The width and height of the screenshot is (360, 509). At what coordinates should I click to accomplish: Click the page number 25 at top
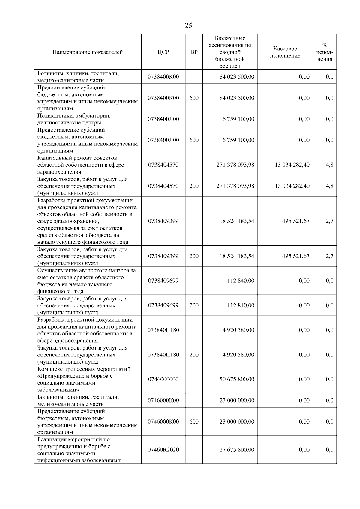point(188,25)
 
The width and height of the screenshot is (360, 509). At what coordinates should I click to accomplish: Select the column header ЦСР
point(163,52)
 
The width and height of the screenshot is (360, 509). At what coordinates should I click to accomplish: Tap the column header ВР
point(194,52)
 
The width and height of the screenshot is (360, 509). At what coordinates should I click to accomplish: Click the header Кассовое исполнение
point(285,52)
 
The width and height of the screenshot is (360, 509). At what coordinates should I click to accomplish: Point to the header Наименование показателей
point(88,52)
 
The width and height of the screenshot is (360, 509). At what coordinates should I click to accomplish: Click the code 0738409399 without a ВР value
point(163,221)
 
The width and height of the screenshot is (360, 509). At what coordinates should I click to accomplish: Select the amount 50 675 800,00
point(237,379)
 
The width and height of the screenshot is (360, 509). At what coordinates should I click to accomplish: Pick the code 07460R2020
point(163,450)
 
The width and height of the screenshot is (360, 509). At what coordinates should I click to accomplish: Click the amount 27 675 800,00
point(237,450)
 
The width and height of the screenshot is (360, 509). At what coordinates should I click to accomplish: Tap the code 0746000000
point(163,379)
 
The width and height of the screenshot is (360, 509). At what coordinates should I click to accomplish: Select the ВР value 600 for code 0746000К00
point(194,421)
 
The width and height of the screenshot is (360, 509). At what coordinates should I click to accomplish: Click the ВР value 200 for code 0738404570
point(194,186)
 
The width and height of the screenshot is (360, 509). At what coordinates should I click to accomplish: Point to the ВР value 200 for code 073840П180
point(194,355)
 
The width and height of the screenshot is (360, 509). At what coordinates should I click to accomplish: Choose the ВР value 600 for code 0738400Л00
point(194,140)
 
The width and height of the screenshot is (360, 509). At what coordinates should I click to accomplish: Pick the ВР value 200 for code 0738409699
point(194,305)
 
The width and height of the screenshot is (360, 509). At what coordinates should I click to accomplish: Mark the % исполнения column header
point(325,52)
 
